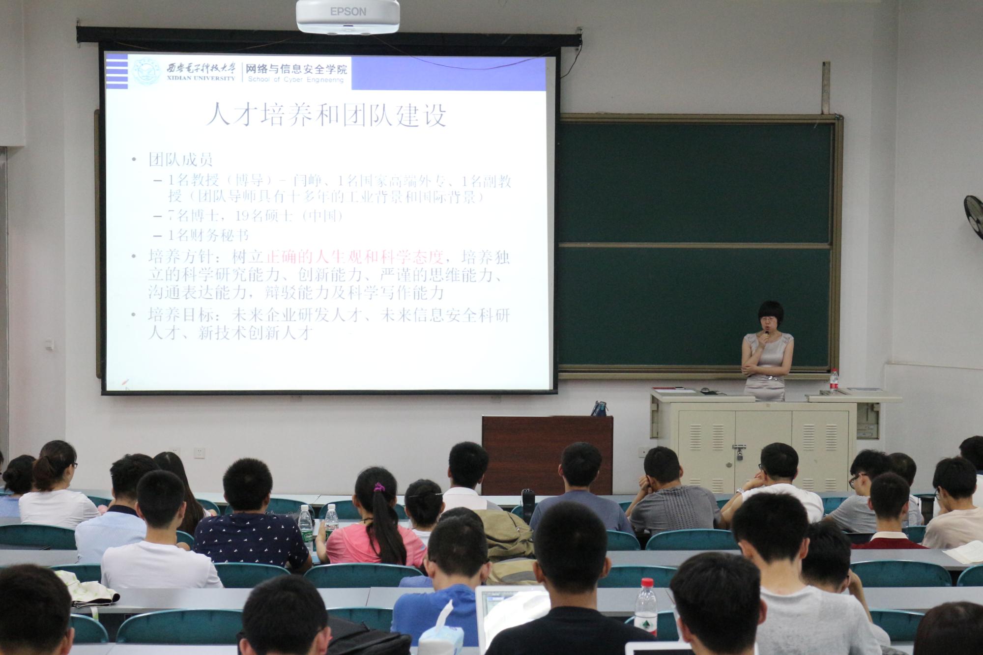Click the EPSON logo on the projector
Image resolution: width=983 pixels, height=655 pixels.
click(347, 11)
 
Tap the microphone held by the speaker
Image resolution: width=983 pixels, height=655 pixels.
click(766, 336)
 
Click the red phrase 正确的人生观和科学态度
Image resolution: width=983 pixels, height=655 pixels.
click(354, 257)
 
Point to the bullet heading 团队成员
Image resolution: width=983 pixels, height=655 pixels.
click(180, 160)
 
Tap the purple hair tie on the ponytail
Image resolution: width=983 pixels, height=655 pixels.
click(378, 487)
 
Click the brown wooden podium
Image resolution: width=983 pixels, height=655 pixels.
click(547, 455)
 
